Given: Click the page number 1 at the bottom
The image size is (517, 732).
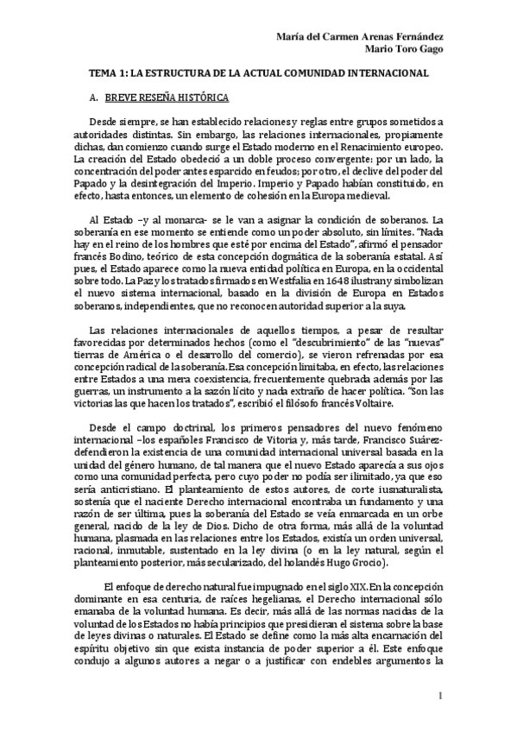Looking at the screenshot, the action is pyautogui.click(x=441, y=697).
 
